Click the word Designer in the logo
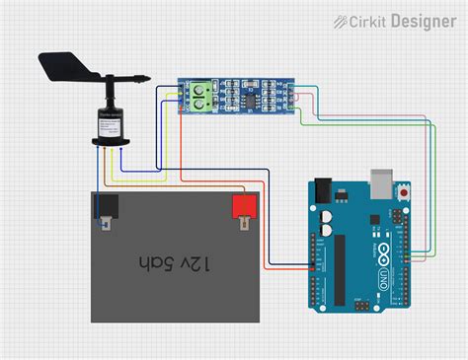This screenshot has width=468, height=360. tap(423, 20)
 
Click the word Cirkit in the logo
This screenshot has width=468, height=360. tap(371, 20)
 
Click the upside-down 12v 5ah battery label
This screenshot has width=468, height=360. tap(175, 263)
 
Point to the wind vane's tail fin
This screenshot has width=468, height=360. tap(59, 66)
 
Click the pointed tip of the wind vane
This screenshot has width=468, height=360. tap(146, 74)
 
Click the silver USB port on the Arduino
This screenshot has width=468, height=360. tap(381, 181)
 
